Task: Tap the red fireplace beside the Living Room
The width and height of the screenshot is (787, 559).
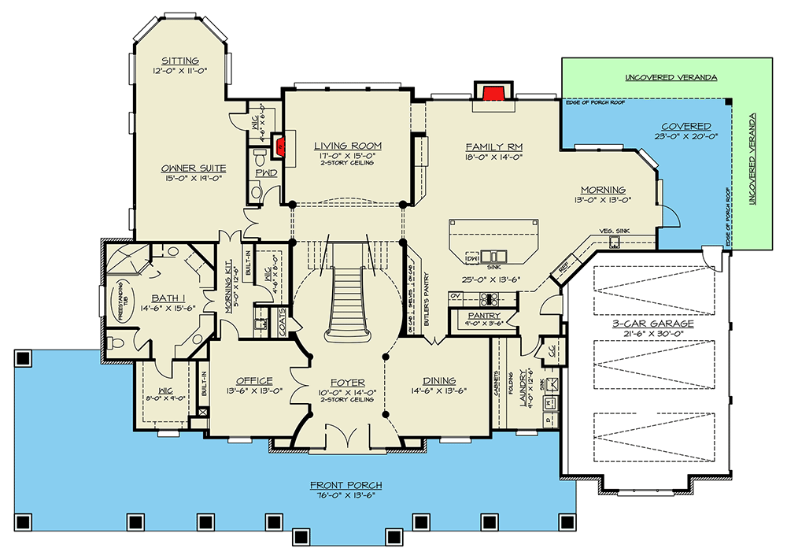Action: coord(277,145)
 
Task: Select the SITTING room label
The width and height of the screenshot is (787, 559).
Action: coord(180,61)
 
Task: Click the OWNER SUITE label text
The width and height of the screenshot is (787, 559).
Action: coord(194,168)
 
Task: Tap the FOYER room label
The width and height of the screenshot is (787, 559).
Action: coord(348,383)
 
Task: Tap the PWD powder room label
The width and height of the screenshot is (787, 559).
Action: coord(270,173)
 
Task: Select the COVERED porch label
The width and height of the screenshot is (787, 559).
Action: coord(685,126)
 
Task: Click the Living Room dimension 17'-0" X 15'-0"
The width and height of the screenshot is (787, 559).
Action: coord(347,157)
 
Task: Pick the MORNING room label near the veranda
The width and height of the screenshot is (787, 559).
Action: coord(603,190)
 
